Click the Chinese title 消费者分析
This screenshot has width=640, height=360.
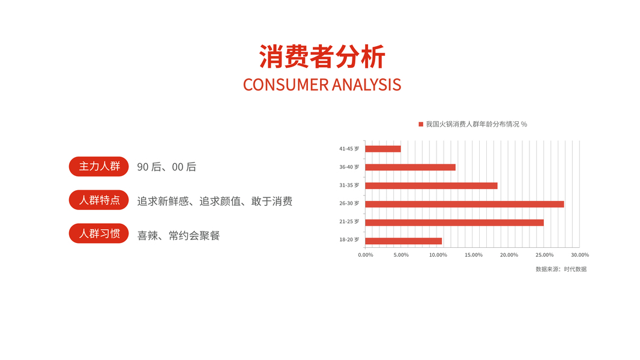322,56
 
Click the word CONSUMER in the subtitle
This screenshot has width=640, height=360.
285,85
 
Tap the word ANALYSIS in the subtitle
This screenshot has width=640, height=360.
367,85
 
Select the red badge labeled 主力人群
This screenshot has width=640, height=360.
99,166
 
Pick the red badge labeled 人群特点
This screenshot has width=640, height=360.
99,200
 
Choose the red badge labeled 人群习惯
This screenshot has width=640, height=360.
99,233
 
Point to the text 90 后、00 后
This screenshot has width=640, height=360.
166,167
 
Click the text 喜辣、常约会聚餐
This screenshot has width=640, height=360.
178,236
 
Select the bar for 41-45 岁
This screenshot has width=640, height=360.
383,149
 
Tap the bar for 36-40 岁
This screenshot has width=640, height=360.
410,167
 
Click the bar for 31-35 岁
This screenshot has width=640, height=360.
432,185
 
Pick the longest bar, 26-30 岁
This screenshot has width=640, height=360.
465,204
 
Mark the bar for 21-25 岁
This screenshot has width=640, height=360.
454,222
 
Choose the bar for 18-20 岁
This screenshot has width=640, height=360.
403,241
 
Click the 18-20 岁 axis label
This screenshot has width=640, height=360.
349,240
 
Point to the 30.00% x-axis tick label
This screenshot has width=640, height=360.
579,255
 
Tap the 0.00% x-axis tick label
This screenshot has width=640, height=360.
365,255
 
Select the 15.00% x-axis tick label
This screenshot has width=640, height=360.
474,255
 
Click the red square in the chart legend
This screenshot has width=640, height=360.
421,124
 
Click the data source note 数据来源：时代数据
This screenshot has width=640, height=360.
561,269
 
